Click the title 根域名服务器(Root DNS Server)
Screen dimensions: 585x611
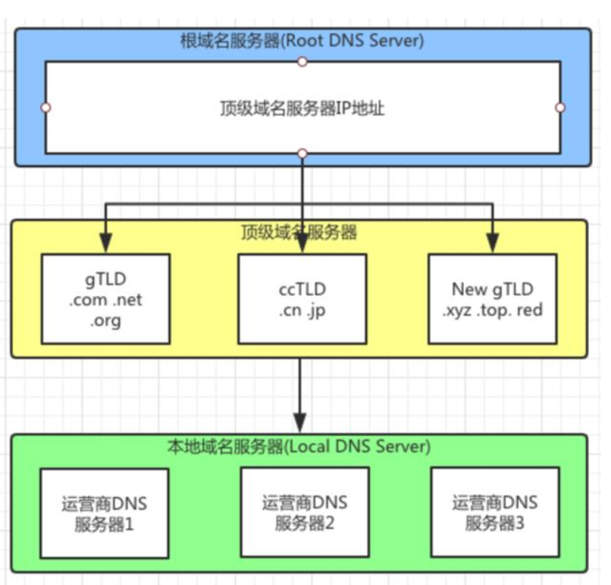coord(302,40)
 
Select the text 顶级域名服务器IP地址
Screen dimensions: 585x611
coord(302,109)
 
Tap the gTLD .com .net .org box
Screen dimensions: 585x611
coord(105,298)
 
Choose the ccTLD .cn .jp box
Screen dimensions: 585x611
coord(302,298)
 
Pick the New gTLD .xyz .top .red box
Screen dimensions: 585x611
coord(492,298)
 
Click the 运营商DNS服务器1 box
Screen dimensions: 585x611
coord(105,512)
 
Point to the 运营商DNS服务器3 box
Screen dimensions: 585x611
coord(494,512)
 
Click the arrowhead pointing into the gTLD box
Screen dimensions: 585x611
coord(105,245)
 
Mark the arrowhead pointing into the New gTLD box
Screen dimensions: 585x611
coord(493,245)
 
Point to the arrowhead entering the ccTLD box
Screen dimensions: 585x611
coord(302,245)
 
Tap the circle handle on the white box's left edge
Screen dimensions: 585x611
coord(46,108)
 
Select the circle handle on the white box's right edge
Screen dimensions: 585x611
coord(560,108)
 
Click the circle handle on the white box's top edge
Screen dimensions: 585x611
coord(302,61)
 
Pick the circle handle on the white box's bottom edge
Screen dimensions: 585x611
coord(302,154)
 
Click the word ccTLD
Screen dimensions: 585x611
coord(301,289)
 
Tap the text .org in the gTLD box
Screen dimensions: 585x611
coord(105,320)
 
